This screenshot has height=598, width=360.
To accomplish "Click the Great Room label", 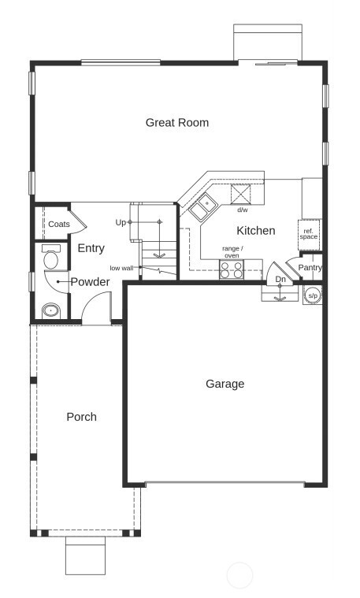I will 177,122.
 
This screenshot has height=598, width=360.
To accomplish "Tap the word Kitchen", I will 256,231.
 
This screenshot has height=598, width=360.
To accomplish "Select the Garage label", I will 225,384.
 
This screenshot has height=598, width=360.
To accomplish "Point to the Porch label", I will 81,417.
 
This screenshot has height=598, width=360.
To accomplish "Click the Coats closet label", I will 58,225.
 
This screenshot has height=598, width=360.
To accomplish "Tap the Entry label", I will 91,248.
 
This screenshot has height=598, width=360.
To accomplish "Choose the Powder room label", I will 90,282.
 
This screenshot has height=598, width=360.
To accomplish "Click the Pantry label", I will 310,268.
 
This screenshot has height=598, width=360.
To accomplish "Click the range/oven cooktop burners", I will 232,269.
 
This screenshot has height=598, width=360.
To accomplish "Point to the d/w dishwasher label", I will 242,210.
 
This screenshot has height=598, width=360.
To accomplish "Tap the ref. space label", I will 309,234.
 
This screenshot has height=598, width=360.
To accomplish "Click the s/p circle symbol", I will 312,295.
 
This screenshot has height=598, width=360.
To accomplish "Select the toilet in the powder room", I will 52,258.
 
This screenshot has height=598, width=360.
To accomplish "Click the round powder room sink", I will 51,310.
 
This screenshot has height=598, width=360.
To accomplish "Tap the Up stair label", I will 121,222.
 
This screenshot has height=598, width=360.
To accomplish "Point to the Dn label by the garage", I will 280,280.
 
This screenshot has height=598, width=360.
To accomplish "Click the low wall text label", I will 121,268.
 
